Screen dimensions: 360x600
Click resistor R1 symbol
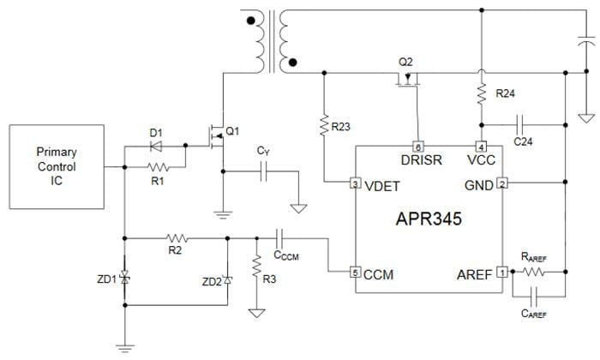click(159, 167)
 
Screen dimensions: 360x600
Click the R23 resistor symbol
click(325, 127)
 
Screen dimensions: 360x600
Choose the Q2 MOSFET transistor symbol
click(406, 81)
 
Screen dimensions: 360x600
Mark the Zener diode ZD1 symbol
click(125, 279)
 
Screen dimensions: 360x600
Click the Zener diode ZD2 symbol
click(227, 280)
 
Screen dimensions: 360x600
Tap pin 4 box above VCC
click(481, 147)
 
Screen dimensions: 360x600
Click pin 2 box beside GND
click(502, 183)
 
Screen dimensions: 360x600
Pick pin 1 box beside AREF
click(502, 273)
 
